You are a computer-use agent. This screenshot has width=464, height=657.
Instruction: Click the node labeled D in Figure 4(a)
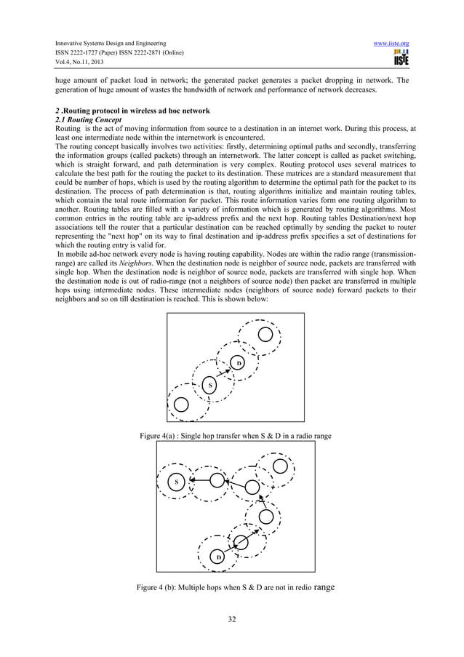[x=237, y=362]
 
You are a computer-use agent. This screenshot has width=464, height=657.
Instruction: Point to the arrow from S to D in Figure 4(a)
[x=224, y=373]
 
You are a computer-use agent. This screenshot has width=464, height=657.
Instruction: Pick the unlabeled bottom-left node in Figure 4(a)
[x=181, y=403]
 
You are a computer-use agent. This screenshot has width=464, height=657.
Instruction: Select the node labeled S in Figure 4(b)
[x=175, y=482]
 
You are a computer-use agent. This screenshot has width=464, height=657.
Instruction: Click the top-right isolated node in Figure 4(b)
[x=279, y=466]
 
